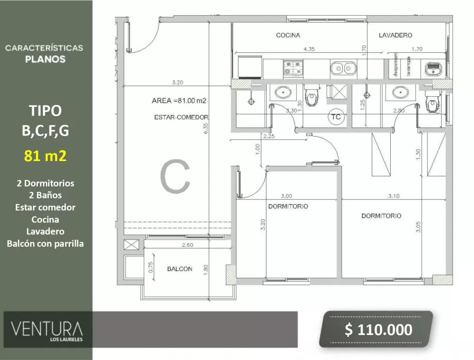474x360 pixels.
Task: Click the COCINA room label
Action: click(288, 35)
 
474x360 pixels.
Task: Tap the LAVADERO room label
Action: click(395, 35)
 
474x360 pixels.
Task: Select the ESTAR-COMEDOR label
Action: click(181, 117)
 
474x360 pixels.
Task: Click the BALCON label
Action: click(180, 269)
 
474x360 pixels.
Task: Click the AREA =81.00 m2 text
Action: click(179, 100)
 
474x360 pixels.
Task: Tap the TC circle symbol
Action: click(336, 117)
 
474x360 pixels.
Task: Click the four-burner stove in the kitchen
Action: click(293, 68)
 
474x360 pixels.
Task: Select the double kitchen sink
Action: click(343, 68)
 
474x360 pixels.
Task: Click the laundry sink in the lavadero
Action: click(433, 69)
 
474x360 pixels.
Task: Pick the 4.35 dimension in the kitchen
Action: click(309, 49)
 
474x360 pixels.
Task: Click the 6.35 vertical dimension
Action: click(206, 129)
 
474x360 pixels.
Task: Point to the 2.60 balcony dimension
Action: click(188, 244)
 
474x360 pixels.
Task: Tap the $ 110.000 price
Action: click(379, 329)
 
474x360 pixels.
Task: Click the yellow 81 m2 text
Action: click(45, 155)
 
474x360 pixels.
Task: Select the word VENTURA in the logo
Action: click(47, 329)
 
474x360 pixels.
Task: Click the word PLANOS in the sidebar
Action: click(45, 59)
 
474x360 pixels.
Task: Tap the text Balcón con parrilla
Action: click(45, 244)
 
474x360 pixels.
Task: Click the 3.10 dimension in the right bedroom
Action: click(394, 196)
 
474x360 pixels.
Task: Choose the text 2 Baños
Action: click(45, 195)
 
